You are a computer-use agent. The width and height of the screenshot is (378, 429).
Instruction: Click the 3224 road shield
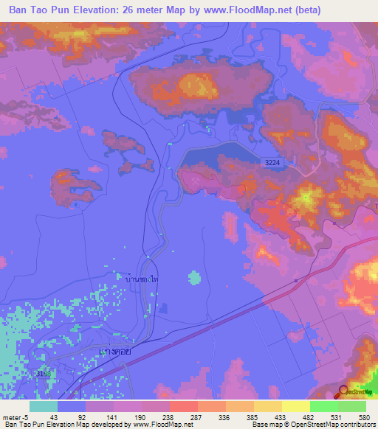click(x=274, y=168)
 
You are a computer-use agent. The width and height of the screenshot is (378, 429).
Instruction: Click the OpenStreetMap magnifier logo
click(x=345, y=393)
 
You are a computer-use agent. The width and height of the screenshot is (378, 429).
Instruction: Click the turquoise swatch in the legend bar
click(x=43, y=406)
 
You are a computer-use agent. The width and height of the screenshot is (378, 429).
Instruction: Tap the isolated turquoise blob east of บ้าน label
click(x=194, y=277)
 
